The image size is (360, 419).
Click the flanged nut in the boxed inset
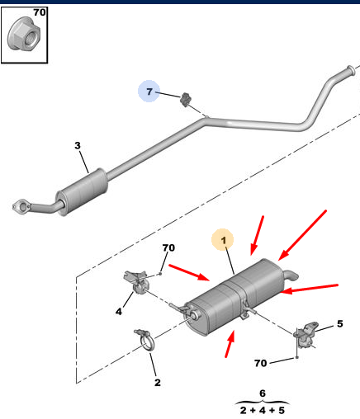point(24,34)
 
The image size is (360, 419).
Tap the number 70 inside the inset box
point(40,12)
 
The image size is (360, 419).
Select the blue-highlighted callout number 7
point(149,92)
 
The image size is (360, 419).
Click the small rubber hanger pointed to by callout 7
point(186,99)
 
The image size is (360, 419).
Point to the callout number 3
point(78,145)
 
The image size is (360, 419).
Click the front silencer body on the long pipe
point(82,191)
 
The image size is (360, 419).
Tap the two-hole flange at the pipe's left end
point(21,205)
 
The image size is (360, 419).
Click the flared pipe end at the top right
point(350,70)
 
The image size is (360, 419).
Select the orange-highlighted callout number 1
point(223,240)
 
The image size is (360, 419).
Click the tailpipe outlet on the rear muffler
point(291,275)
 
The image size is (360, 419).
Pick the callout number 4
point(119,312)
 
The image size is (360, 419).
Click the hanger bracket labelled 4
point(136,282)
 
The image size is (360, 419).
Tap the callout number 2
point(158,383)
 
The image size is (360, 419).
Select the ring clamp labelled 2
point(145,341)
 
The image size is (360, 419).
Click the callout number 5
point(340,324)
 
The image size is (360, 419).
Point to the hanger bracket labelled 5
point(306,335)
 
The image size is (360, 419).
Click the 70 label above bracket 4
point(168,248)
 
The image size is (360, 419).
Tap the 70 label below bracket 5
point(261,363)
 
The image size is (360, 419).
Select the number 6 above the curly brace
point(263,393)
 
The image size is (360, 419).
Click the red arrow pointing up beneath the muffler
point(230,344)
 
